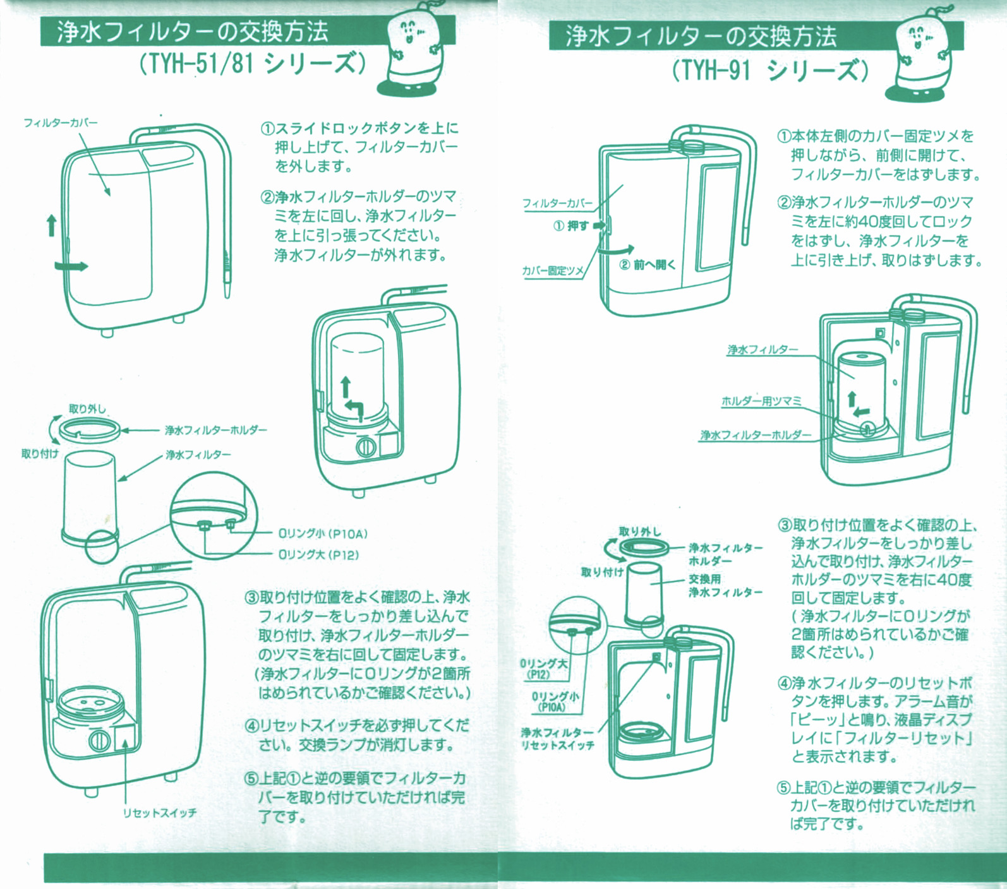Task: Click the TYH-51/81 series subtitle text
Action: click(x=252, y=64)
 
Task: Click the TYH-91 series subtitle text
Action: click(x=770, y=69)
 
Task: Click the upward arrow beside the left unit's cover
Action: click(x=52, y=225)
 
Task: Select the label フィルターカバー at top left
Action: click(x=61, y=122)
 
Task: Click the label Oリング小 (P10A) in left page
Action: click(x=323, y=534)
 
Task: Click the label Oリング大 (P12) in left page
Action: click(x=318, y=555)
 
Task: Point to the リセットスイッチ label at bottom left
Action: click(x=160, y=813)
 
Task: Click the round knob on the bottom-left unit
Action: click(x=99, y=740)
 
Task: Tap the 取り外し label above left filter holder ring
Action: click(x=87, y=409)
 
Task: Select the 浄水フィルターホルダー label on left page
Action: click(x=215, y=431)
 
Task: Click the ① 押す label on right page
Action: click(x=571, y=225)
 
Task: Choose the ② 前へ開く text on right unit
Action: click(x=647, y=265)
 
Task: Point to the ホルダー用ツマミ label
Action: click(x=761, y=402)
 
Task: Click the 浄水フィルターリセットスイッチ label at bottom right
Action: click(x=557, y=739)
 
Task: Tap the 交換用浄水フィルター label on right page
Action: click(x=725, y=586)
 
